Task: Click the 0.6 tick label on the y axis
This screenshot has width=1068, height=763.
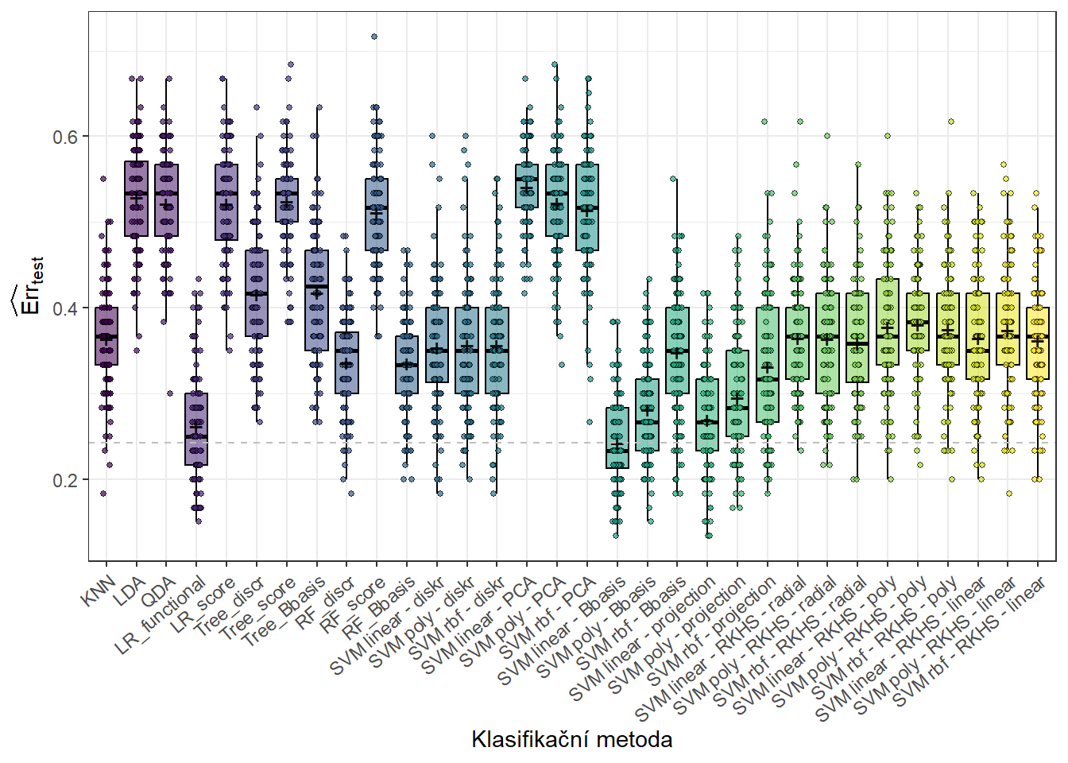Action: click(65, 137)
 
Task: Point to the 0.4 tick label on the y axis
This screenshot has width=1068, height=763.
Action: click(65, 308)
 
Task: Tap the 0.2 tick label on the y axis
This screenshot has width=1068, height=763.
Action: click(65, 480)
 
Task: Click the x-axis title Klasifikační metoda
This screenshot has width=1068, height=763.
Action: click(571, 740)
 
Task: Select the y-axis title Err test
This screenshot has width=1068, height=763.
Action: click(29, 287)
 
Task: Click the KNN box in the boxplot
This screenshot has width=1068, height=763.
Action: click(106, 336)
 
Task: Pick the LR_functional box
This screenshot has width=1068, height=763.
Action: click(196, 429)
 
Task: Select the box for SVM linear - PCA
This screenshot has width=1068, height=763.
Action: click(526, 186)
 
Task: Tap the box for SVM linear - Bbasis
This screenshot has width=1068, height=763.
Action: click(617, 438)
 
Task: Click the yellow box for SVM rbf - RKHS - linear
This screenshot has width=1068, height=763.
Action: click(1037, 343)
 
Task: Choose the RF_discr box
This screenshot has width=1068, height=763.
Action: click(346, 362)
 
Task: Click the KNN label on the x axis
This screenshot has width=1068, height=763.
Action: click(99, 591)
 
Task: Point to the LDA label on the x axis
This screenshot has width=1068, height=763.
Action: click(129, 592)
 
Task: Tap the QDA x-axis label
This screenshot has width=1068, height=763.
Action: click(159, 592)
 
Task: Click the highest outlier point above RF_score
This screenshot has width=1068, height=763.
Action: click(374, 37)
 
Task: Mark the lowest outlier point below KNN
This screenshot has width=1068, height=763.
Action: click(103, 494)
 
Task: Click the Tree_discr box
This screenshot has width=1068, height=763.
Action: click(256, 293)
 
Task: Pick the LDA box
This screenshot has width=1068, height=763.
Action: click(136, 199)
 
